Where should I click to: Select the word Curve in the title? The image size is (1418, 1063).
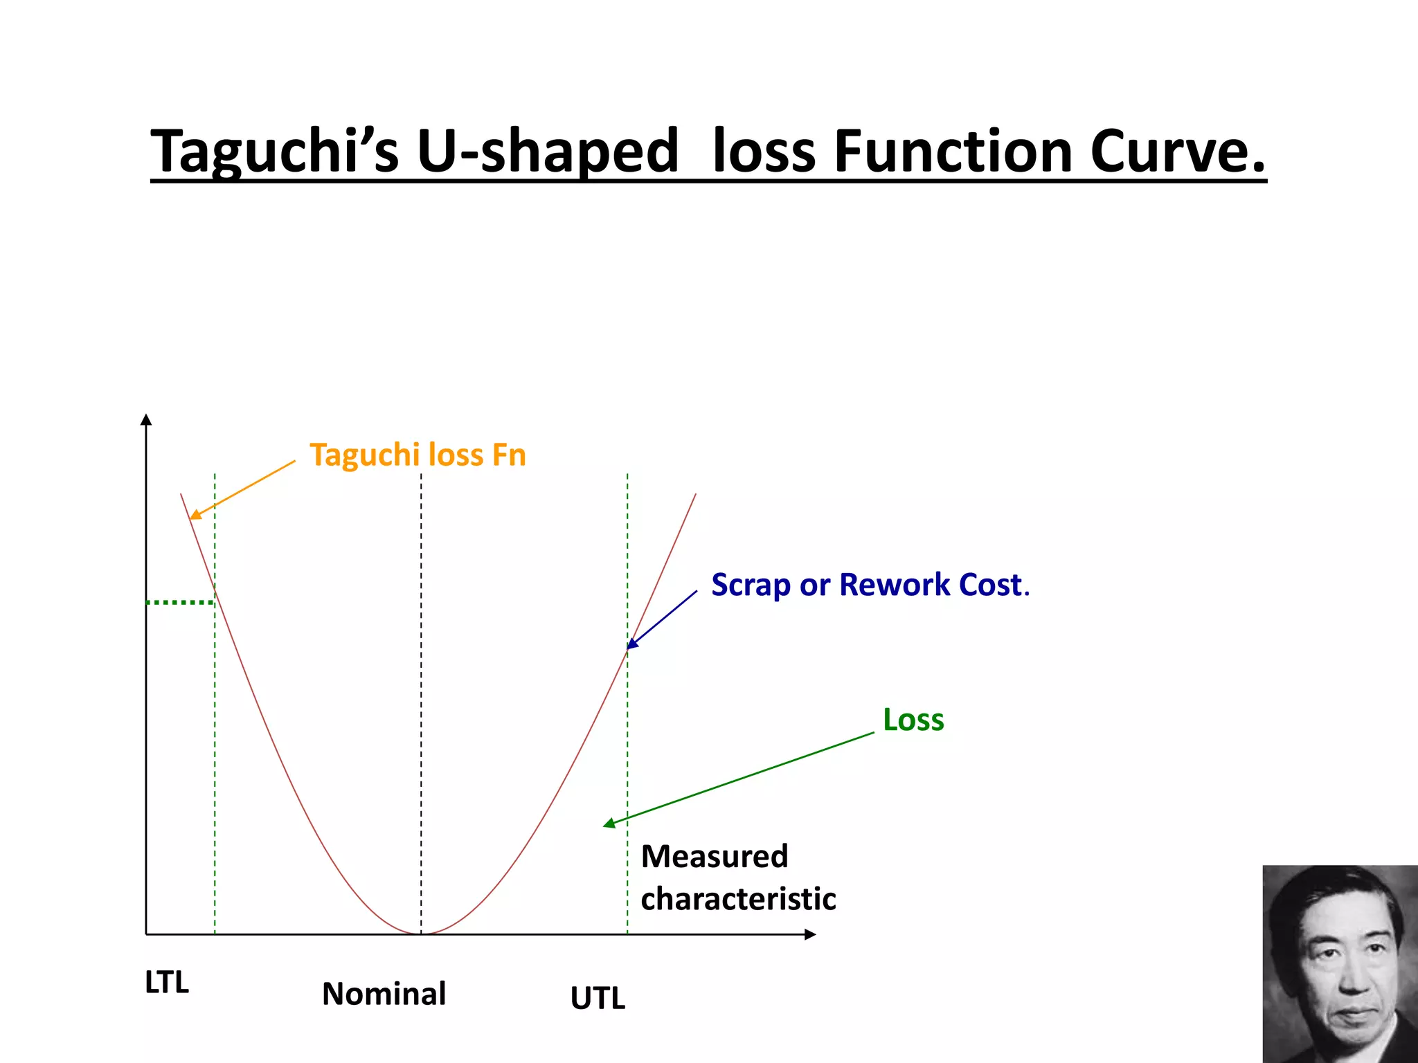click(x=1177, y=152)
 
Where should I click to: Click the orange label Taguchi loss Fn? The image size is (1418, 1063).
click(x=418, y=455)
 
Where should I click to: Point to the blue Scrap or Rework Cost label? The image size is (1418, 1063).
click(x=870, y=585)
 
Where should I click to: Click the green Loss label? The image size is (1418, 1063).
click(x=913, y=720)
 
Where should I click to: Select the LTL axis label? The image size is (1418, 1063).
click(x=167, y=983)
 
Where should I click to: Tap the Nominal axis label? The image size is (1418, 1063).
click(x=384, y=994)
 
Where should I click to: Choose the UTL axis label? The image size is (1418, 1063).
click(x=598, y=999)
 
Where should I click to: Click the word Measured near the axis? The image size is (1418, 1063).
click(x=715, y=857)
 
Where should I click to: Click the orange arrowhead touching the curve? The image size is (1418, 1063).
click(x=195, y=515)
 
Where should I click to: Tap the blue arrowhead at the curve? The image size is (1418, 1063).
click(x=631, y=644)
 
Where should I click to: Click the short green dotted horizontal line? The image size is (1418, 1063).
click(x=180, y=603)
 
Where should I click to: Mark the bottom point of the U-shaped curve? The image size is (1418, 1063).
click(x=421, y=934)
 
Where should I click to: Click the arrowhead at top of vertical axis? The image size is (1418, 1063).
click(x=146, y=419)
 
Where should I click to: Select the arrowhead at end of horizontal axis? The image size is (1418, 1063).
click(x=811, y=935)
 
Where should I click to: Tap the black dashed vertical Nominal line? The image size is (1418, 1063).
click(x=421, y=692)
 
